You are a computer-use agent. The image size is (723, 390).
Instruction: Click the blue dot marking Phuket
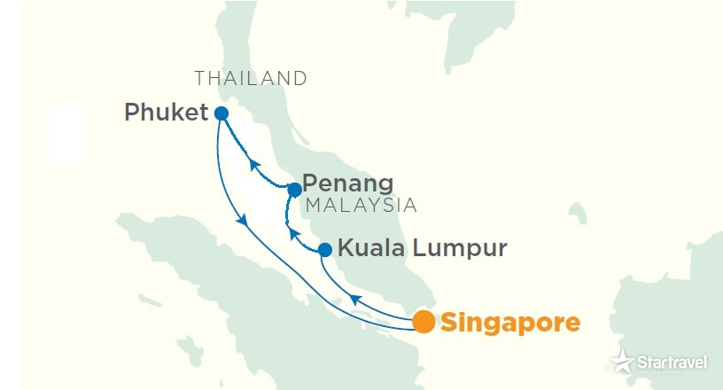[222, 113]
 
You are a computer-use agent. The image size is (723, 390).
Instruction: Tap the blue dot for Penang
[294, 190]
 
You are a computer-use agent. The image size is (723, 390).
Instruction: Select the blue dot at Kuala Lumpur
[325, 249]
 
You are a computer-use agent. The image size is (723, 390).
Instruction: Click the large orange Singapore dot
[424, 322]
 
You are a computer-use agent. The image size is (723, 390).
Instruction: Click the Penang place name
[347, 184]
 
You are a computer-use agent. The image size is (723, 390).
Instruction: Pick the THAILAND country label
[251, 78]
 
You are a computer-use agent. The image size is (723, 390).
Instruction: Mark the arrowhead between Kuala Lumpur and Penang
[289, 234]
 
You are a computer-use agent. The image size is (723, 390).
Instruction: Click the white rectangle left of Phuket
[67, 133]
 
